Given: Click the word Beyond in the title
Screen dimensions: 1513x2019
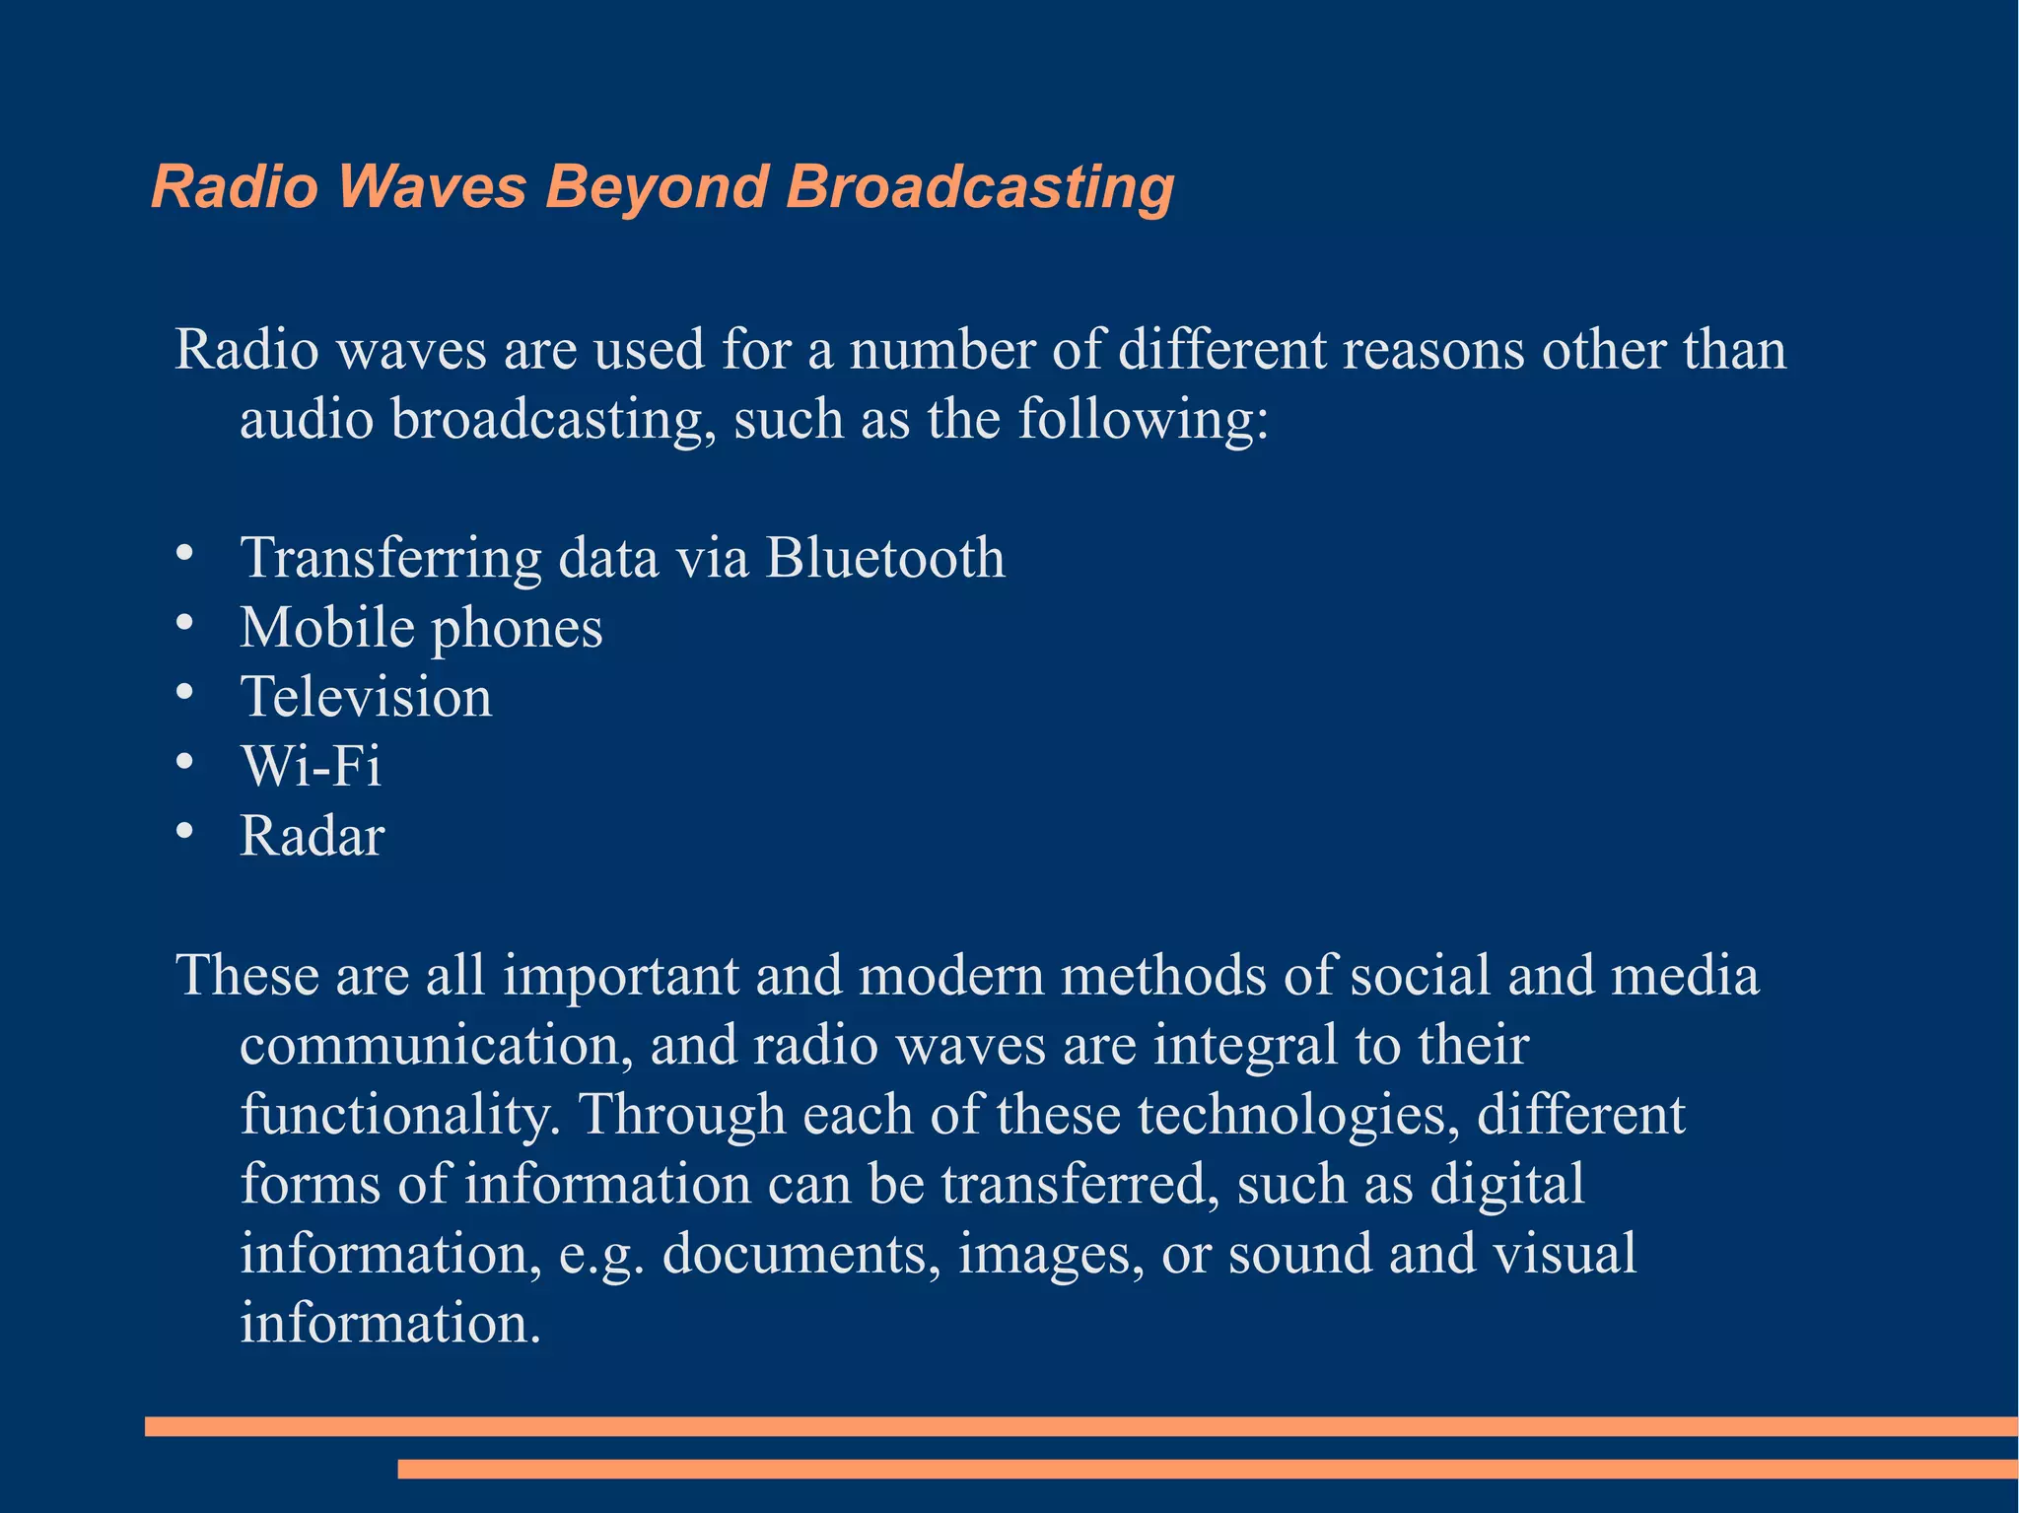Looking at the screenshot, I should click(657, 187).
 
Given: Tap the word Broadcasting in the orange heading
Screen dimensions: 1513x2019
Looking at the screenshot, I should click(980, 187).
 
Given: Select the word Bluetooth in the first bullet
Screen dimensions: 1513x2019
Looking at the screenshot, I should click(885, 558).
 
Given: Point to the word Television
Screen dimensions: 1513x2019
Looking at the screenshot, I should click(367, 697).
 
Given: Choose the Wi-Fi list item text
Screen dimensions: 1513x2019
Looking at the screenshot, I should click(312, 766).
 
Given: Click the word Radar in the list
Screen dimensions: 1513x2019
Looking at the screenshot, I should click(312, 836).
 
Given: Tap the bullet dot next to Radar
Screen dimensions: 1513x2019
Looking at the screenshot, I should click(184, 831).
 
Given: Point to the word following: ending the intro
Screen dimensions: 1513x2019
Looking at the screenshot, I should click(1143, 420).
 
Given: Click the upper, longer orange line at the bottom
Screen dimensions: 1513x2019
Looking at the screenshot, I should click(1080, 1426).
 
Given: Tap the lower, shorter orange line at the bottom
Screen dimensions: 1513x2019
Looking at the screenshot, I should click(1207, 1470).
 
